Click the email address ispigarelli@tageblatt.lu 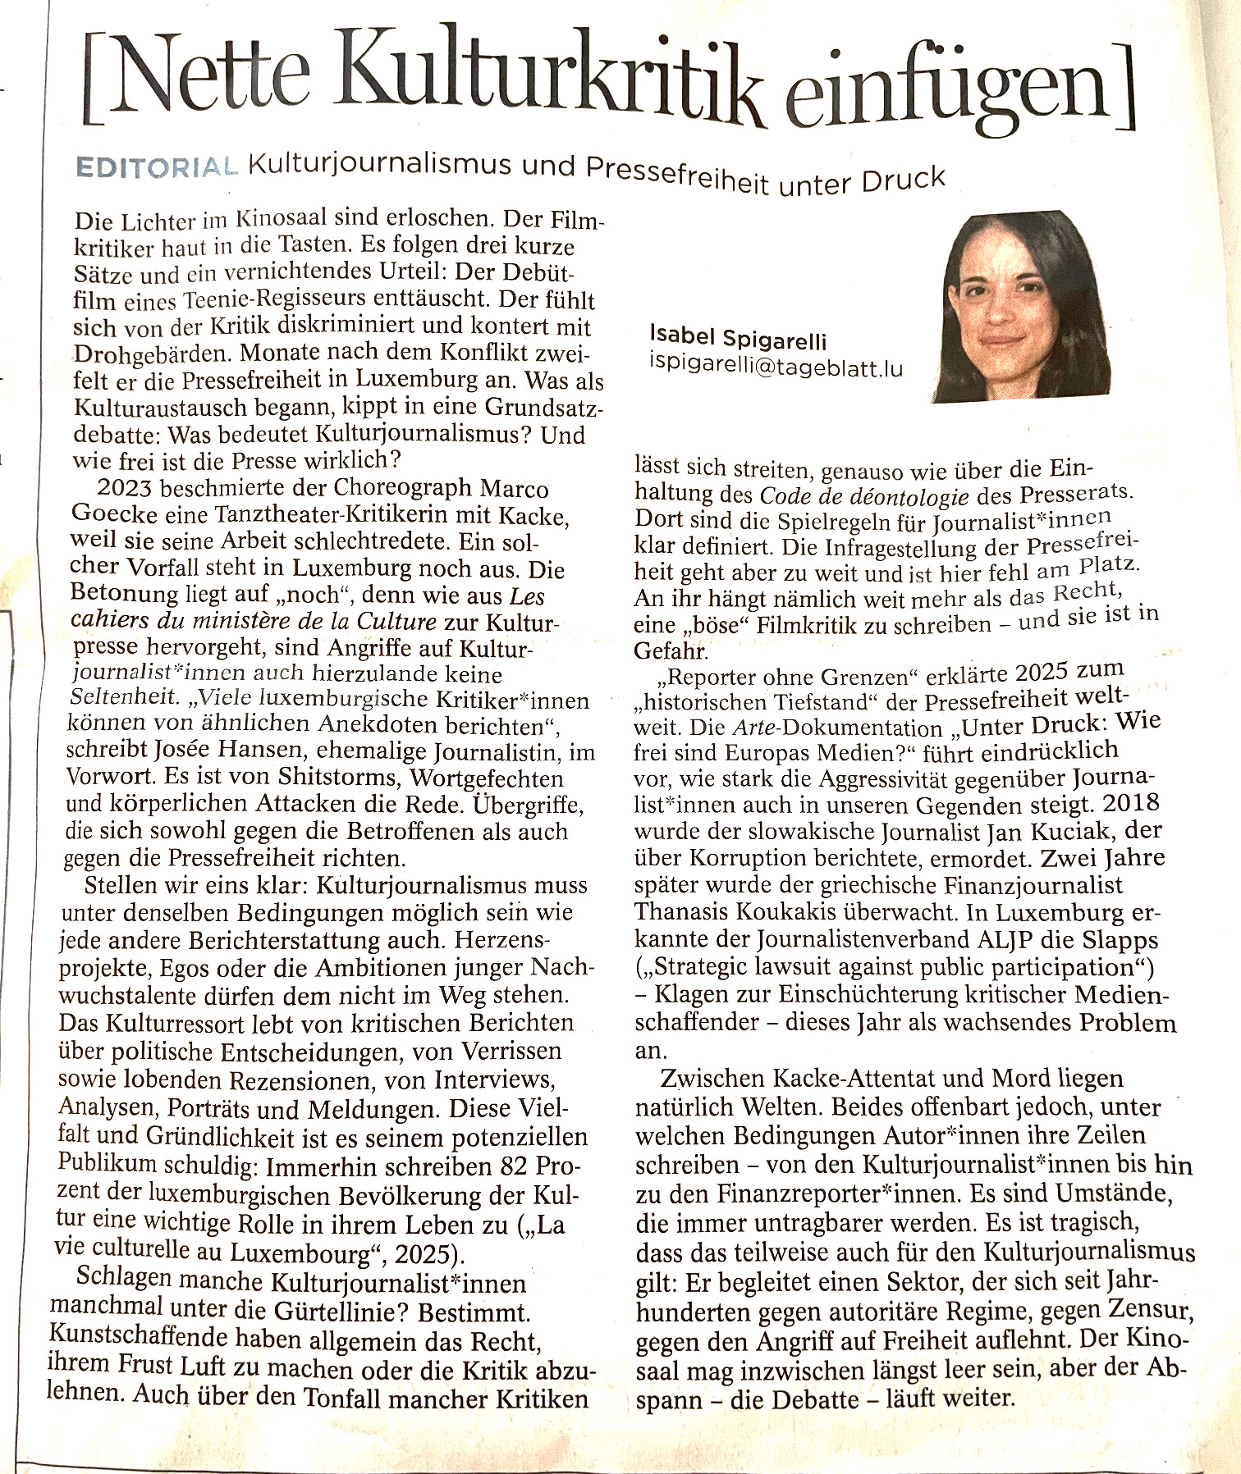[x=776, y=367]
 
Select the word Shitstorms [x=339, y=778]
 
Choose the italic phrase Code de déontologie [x=864, y=495]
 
